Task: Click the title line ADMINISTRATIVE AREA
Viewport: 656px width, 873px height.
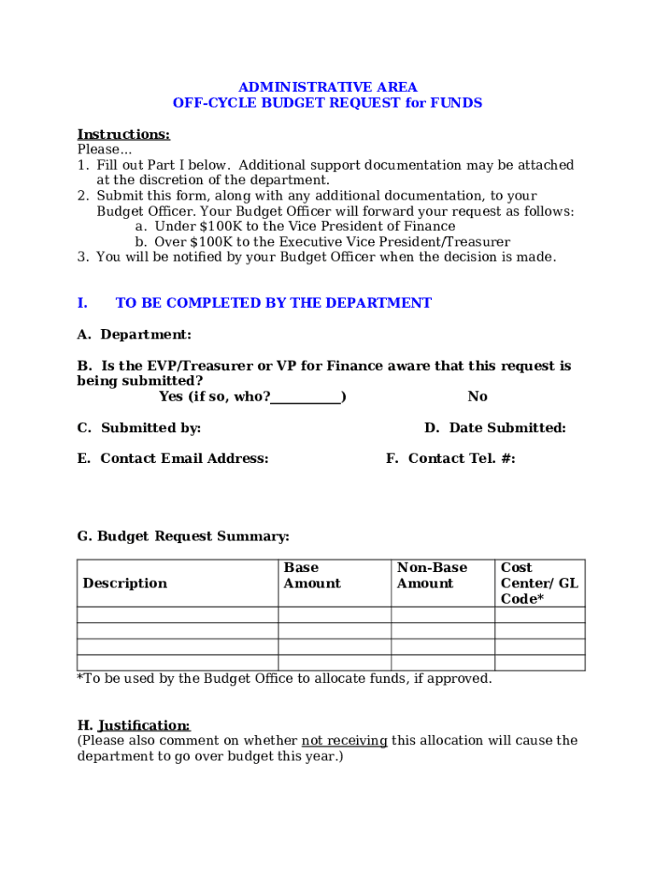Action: tap(327, 87)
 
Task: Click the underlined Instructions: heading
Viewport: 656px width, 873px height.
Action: tap(124, 134)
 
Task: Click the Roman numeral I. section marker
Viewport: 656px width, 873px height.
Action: tap(83, 303)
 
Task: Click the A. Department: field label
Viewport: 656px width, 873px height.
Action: tap(135, 334)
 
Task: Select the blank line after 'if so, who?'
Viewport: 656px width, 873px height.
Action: tap(306, 397)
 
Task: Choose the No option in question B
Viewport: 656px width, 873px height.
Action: tap(477, 396)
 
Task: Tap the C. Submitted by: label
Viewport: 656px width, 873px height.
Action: tap(140, 428)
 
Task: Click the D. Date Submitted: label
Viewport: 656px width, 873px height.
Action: tap(495, 428)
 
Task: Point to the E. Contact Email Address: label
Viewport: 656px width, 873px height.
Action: tap(173, 459)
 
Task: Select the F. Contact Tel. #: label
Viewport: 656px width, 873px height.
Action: tap(451, 459)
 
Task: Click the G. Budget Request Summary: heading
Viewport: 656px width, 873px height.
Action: tap(183, 536)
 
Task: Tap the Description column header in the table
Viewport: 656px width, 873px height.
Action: tap(125, 583)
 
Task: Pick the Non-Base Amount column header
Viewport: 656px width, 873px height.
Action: tap(432, 575)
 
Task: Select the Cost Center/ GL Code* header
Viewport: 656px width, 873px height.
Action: tap(538, 583)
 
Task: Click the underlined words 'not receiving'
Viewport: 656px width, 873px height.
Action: tap(344, 741)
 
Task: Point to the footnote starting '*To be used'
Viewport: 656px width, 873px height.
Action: tap(285, 679)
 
